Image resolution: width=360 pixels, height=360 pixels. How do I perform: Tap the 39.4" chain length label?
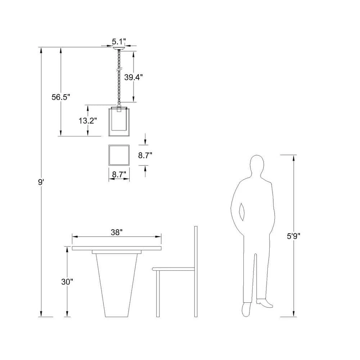(x=134, y=77)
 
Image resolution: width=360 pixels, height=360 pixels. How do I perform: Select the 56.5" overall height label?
(x=60, y=97)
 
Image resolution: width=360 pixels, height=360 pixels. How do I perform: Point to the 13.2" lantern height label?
(x=88, y=121)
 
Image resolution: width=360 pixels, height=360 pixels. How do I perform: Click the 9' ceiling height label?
(x=41, y=182)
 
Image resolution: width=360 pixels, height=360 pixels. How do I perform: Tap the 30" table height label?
(x=67, y=282)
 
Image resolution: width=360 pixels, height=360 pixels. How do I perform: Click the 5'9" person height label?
(x=294, y=236)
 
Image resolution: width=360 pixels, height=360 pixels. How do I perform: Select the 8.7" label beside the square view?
(x=145, y=156)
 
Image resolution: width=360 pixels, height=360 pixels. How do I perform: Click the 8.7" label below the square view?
(x=119, y=175)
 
